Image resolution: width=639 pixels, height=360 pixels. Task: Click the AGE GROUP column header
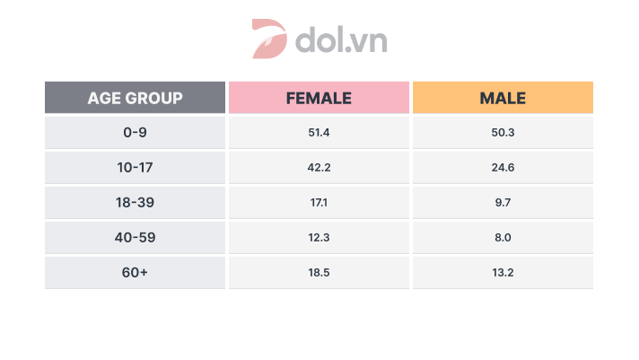(x=135, y=98)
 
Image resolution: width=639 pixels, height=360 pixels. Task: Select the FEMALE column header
(x=319, y=98)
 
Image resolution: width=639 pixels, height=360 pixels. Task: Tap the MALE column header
(x=503, y=98)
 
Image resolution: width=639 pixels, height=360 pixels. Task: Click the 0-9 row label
(x=135, y=132)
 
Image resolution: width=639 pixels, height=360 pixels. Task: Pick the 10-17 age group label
(x=135, y=168)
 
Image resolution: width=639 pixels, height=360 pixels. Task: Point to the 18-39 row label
(x=135, y=203)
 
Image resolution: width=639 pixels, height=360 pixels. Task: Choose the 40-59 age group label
(x=135, y=238)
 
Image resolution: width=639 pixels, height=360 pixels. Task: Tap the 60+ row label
(x=135, y=273)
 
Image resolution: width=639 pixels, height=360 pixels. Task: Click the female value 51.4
(x=319, y=132)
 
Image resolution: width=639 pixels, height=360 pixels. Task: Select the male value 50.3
(x=503, y=132)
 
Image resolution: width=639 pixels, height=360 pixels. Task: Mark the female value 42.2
(x=319, y=168)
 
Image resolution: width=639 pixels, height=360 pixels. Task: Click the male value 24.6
(x=503, y=168)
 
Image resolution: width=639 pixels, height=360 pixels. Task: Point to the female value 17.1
(x=319, y=203)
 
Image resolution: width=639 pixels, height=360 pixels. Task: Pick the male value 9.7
(x=503, y=203)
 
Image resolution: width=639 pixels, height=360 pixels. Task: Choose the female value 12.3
(x=319, y=238)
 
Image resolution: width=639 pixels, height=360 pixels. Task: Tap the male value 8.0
(x=503, y=238)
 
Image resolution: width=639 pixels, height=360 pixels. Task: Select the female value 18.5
(x=319, y=273)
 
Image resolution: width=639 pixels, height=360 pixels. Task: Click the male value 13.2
(x=503, y=273)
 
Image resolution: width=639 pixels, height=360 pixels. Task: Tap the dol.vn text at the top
(x=340, y=40)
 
